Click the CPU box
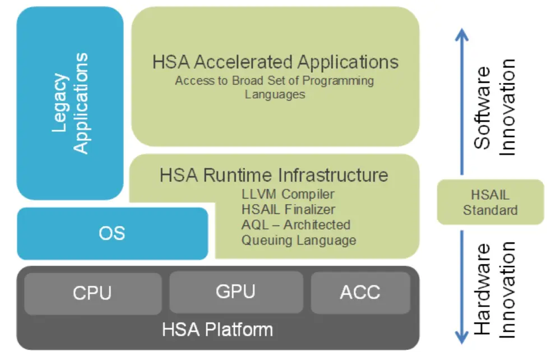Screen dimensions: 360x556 click(x=92, y=293)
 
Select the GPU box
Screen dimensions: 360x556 click(x=235, y=292)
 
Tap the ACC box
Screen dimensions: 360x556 click(x=360, y=292)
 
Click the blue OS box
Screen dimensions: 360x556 click(x=112, y=233)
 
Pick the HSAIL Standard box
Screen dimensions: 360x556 click(x=490, y=202)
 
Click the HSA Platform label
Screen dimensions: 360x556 click(x=217, y=329)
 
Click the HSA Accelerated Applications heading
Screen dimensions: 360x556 click(x=275, y=62)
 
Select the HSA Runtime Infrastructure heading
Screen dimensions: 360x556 click(x=274, y=175)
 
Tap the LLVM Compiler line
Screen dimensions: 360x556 click(x=288, y=195)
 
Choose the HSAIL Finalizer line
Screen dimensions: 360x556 click(x=289, y=210)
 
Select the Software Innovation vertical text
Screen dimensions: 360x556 click(x=494, y=107)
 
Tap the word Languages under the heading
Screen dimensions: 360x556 click(x=275, y=95)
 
